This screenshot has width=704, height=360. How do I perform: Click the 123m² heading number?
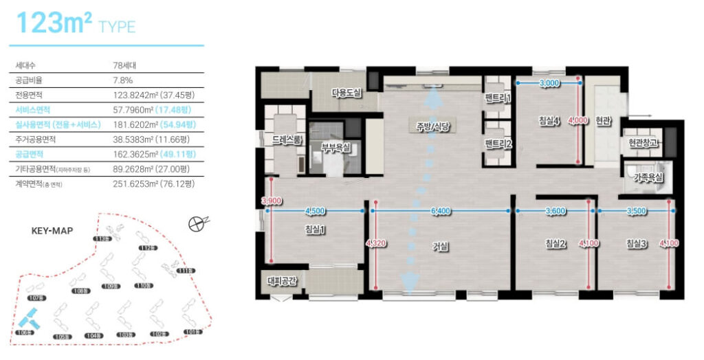pyautogui.click(x=54, y=23)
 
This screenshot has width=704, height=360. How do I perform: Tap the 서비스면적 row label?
pyautogui.click(x=33, y=110)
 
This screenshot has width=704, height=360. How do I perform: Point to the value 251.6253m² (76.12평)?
pyautogui.click(x=154, y=184)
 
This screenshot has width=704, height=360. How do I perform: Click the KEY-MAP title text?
pyautogui.click(x=52, y=231)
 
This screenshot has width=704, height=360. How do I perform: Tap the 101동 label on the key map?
pyautogui.click(x=192, y=333)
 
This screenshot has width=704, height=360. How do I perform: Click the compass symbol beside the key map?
pyautogui.click(x=197, y=222)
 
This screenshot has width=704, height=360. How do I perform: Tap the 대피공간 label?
pyautogui.click(x=284, y=281)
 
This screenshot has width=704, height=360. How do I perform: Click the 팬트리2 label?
pyautogui.click(x=498, y=144)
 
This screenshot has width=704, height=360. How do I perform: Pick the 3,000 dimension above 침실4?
pyautogui.click(x=549, y=83)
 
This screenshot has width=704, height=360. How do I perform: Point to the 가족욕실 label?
pyautogui.click(x=648, y=177)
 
